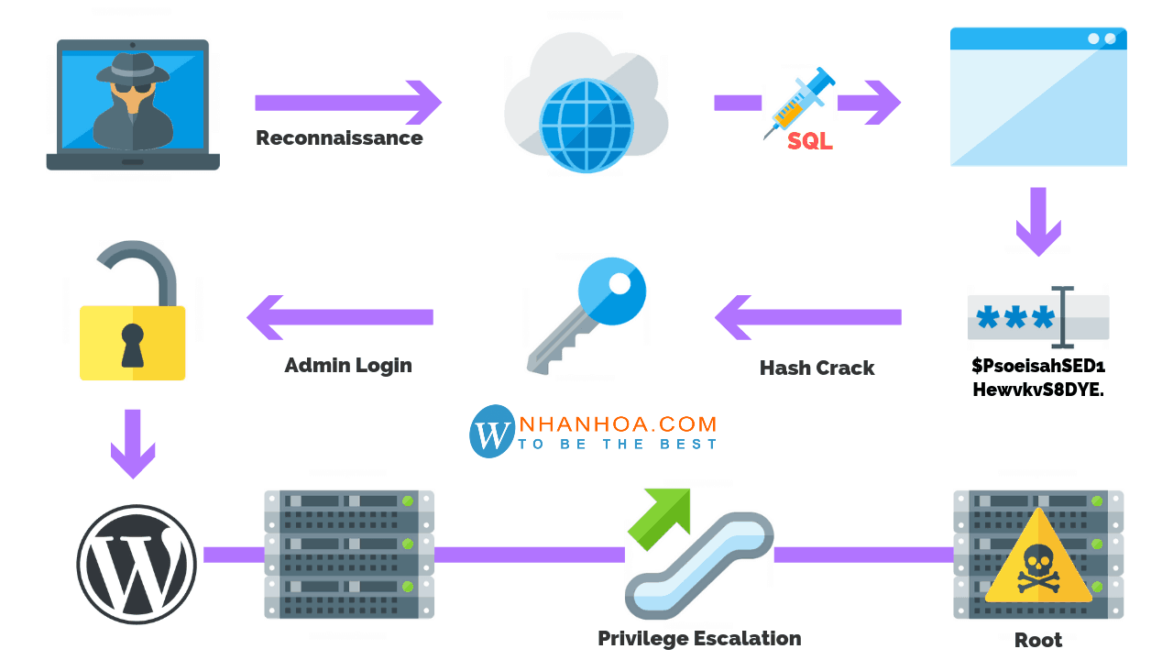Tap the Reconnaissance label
pyautogui.click(x=339, y=138)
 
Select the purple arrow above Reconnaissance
pyautogui.click(x=348, y=102)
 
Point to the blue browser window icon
pyautogui.click(x=1038, y=96)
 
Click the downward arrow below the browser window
pyautogui.click(x=1038, y=222)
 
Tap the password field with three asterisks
pyautogui.click(x=1037, y=317)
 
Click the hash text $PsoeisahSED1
pyautogui.click(x=1038, y=366)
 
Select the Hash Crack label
pyautogui.click(x=817, y=368)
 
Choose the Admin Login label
pyautogui.click(x=348, y=365)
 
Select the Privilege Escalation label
pyautogui.click(x=699, y=638)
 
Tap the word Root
pyautogui.click(x=1038, y=640)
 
